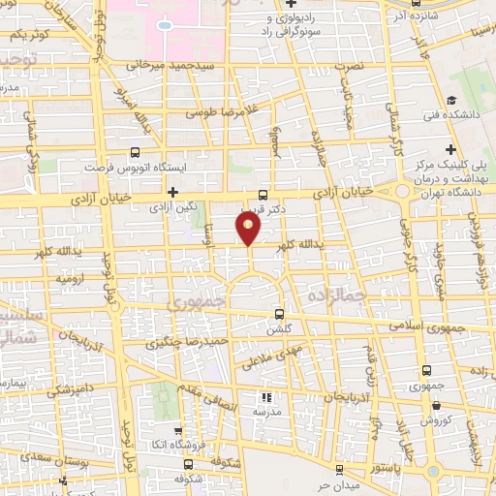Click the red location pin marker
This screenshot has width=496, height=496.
coord(249,228)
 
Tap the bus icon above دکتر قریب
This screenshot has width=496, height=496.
coord(263,194)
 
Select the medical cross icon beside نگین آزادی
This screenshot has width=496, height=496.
coord(173,193)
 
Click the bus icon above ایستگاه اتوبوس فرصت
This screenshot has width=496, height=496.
coord(135,152)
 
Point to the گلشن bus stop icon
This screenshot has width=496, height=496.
coord(280,315)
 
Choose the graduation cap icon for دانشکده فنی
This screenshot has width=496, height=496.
coord(452,100)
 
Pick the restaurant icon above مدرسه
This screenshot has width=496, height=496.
coord(267,397)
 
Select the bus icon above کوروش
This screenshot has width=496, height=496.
coord(427,408)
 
